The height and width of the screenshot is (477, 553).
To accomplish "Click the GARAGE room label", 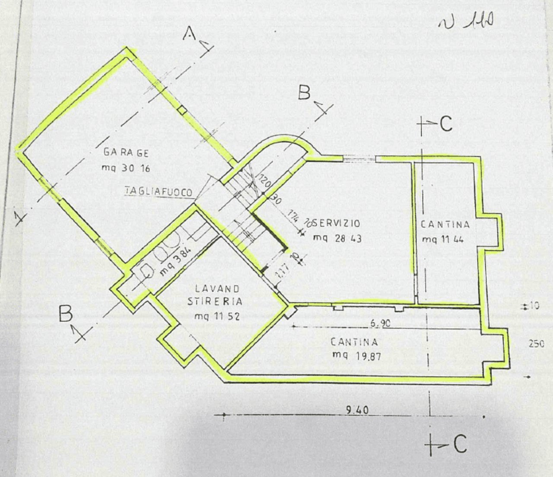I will pyautogui.click(x=126, y=152).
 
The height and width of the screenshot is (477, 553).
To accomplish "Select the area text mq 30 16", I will pyautogui.click(x=126, y=168).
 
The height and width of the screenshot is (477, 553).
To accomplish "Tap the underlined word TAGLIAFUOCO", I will pyautogui.click(x=159, y=191).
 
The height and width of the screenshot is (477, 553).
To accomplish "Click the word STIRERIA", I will pyautogui.click(x=215, y=301).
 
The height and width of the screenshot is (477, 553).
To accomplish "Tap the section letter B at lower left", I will pyautogui.click(x=66, y=314).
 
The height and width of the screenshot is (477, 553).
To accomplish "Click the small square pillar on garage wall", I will pyautogui.click(x=183, y=111).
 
